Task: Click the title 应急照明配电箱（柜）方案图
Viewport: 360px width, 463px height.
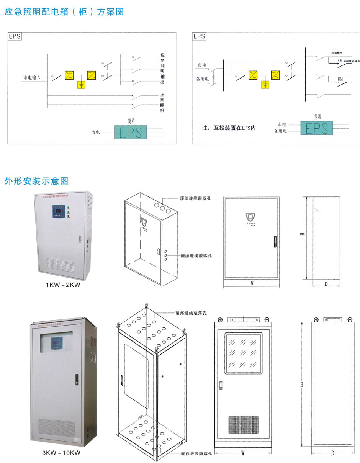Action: [x=64, y=12]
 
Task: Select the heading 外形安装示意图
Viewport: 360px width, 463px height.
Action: [x=36, y=181]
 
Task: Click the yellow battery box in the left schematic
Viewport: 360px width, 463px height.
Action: [x=82, y=85]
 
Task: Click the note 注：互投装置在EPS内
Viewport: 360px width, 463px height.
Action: [x=229, y=128]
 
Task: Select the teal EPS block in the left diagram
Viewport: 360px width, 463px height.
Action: [x=130, y=132]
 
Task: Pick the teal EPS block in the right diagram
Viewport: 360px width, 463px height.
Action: [x=316, y=128]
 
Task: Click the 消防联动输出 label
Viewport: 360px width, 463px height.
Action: [x=352, y=61]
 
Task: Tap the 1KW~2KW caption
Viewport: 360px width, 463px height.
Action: [x=63, y=285]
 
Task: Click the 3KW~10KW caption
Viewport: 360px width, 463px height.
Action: [x=61, y=452]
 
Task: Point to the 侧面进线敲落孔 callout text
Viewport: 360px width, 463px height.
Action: [x=196, y=255]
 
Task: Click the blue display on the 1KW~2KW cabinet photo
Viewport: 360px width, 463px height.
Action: [x=59, y=211]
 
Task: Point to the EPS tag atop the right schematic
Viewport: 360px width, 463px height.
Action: [x=199, y=36]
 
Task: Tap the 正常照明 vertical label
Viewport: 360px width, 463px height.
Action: [x=162, y=102]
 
